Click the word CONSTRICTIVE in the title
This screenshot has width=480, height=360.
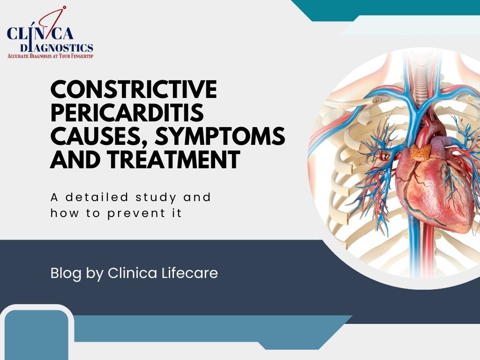134,89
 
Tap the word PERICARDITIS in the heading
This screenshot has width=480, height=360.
127,112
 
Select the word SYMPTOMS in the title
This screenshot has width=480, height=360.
220,136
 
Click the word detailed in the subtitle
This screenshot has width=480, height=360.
97,197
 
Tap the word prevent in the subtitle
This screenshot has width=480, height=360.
136,213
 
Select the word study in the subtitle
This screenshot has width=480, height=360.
156,198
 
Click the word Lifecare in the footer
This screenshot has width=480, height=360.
189,273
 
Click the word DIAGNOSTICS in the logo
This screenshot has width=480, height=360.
57,47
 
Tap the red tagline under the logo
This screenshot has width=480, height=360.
50,56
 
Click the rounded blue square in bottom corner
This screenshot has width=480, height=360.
36,335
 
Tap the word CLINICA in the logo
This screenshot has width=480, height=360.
40,33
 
